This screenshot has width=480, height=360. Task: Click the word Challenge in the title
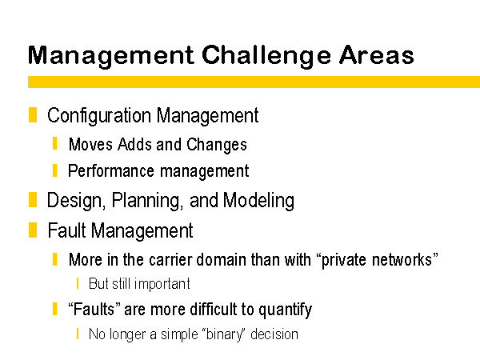266,56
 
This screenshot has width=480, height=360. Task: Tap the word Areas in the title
376,55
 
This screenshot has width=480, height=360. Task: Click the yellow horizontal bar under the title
254,82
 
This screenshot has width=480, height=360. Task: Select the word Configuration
99,116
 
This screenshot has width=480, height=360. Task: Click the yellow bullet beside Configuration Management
33,114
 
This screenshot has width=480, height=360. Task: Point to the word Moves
90,144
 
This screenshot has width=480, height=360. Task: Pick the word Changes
217,145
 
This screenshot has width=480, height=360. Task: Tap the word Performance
111,170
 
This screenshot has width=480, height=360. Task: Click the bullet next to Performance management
54,170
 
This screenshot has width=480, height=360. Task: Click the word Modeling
258,201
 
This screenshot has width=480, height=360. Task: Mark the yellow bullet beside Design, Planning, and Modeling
33,199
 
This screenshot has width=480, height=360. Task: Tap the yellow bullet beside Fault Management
33,230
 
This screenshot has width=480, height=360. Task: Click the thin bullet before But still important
78,283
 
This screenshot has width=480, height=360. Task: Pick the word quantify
285,310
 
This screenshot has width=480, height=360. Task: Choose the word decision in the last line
274,334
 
